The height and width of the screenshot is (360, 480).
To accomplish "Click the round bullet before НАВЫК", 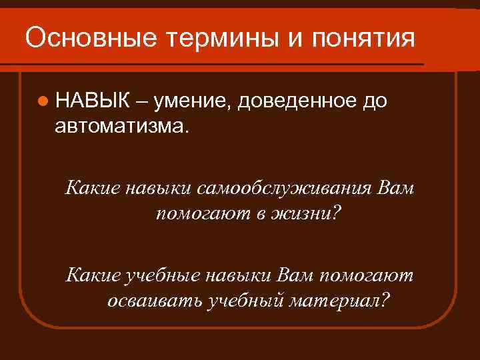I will point(43,101).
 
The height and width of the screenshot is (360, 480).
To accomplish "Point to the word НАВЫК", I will point(93,101).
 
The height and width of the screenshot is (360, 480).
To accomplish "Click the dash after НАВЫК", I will point(141,101).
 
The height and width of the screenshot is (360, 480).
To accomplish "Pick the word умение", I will point(191,101).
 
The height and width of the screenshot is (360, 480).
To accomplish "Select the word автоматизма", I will point(123,125).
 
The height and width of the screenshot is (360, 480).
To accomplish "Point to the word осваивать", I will point(155,300).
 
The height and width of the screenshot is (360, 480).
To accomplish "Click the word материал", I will point(334,300).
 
